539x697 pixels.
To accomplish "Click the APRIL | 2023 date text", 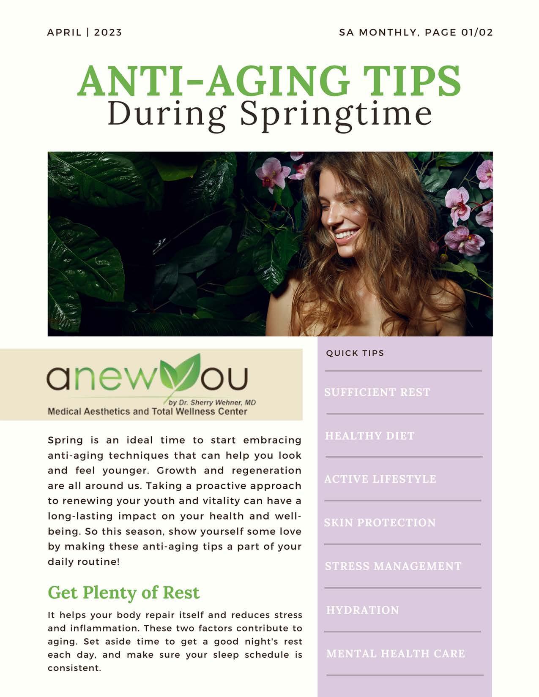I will click(85, 33).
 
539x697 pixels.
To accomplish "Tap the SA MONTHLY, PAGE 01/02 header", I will click(416, 33).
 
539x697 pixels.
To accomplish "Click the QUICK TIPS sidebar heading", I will click(355, 353).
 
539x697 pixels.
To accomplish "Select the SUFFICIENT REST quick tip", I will click(377, 392).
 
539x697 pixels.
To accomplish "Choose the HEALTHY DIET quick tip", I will click(370, 436).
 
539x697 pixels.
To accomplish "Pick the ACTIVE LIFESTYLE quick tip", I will click(380, 479).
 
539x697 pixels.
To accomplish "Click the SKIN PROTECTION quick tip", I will click(380, 523).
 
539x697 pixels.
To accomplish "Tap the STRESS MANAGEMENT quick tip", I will click(393, 566).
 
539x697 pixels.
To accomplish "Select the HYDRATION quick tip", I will click(363, 610).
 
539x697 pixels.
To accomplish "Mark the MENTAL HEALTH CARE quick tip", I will click(396, 653).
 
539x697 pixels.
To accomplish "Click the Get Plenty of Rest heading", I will click(123, 592).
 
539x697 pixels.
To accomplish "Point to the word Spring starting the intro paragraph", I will click(66, 441).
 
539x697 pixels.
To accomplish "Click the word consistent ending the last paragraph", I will click(74, 668).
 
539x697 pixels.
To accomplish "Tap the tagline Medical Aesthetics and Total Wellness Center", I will click(147, 411).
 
